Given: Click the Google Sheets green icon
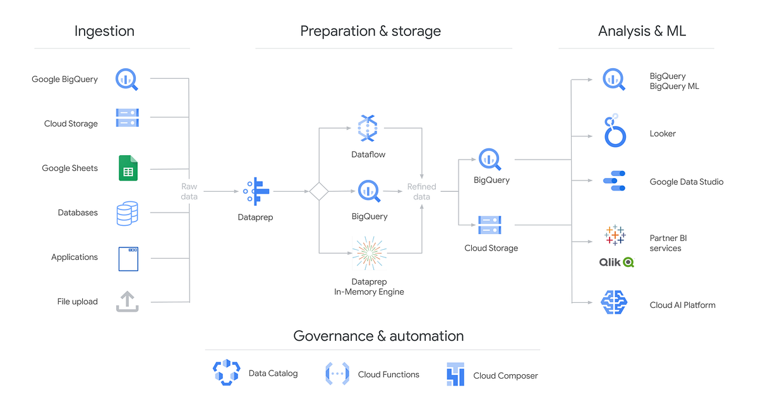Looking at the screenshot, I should pos(128,168).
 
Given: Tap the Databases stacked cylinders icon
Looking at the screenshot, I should pos(127,213).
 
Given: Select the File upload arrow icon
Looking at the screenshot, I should pos(127,301).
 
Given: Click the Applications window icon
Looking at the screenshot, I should pos(128,258).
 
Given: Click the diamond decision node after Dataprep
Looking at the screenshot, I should pos(318,191).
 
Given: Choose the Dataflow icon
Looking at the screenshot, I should pos(368,128).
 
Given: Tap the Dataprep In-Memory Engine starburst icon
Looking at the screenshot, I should pos(369,253).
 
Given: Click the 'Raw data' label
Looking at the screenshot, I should pos(189,191).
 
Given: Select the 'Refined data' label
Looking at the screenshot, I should pos(421,191).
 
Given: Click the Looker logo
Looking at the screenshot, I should pos(615,131).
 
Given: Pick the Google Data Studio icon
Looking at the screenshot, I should pos(614,181).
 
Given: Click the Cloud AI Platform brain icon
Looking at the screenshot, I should pos(614,303).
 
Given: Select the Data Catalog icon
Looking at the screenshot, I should pos(226,373).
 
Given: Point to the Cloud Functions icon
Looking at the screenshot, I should pos(337,374).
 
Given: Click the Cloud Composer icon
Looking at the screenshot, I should pos(455,374).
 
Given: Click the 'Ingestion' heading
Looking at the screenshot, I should pos(104,31).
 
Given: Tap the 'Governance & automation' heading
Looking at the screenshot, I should pos(378,336).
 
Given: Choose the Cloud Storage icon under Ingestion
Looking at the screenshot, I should pos(127,118).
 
